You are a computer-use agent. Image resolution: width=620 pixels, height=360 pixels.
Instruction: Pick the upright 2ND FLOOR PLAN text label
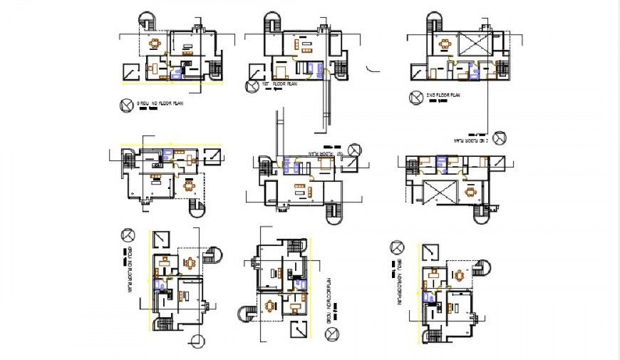(442, 95)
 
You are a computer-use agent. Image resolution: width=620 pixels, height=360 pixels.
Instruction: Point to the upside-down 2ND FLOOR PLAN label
(472, 140)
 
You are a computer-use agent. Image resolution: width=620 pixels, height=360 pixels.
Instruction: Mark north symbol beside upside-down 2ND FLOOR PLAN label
(500, 136)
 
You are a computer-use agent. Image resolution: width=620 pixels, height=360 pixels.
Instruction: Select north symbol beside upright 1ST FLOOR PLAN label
(252, 87)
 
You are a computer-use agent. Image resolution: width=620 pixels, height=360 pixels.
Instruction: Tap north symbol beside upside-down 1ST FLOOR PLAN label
(354, 150)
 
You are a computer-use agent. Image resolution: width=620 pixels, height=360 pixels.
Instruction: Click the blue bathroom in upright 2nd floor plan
(470, 71)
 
